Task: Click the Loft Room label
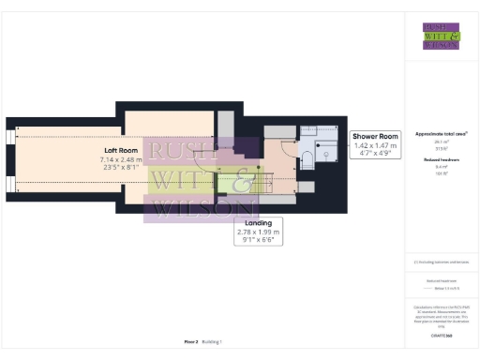tap(121, 150)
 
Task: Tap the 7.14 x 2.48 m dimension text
tap(121, 160)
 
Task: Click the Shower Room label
tap(376, 138)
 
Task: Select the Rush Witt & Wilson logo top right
tap(442, 36)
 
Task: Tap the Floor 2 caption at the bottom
tap(190, 342)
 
